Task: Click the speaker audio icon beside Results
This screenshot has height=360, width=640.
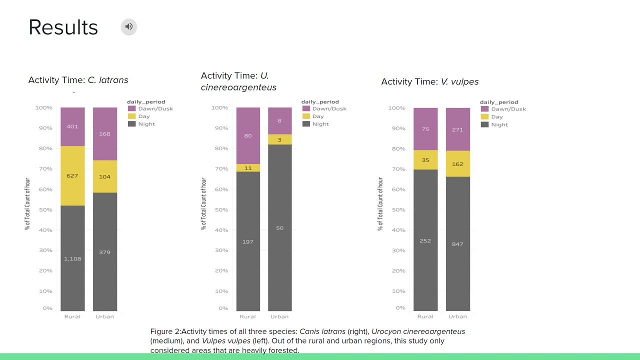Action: coord(129,27)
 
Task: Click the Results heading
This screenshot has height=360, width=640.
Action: coord(63,27)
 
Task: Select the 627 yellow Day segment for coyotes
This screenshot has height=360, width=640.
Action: coord(72,175)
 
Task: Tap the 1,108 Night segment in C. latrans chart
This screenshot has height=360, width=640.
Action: coord(72,258)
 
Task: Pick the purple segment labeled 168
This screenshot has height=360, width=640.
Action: coord(105,134)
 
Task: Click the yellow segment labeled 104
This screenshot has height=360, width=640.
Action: coord(105,176)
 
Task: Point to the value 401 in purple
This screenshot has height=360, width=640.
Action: coord(72,126)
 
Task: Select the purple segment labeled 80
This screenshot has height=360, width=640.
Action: coord(248,135)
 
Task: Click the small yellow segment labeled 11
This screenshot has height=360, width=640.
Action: coord(248,168)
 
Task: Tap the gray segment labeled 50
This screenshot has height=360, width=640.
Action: coord(279,228)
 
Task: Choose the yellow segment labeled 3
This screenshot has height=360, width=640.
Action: coord(279,139)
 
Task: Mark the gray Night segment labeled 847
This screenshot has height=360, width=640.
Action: coord(457,244)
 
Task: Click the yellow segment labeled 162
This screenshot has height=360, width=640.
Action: coord(457,164)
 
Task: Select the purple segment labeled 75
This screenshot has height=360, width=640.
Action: coord(425,129)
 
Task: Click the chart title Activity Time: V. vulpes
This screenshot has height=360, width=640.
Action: coord(429,82)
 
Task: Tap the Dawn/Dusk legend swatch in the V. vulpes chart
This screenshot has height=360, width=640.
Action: coord(484,109)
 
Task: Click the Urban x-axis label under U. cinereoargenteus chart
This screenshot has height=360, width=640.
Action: coord(279,316)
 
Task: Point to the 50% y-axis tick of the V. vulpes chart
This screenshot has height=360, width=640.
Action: coord(398,210)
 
